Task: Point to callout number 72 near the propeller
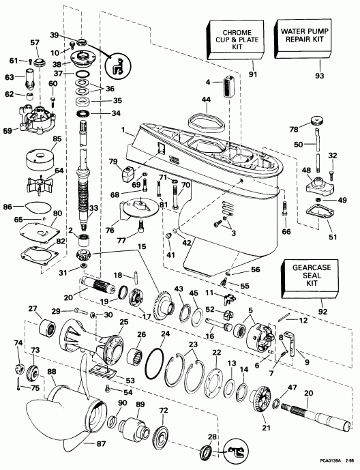click(x=163, y=411)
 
